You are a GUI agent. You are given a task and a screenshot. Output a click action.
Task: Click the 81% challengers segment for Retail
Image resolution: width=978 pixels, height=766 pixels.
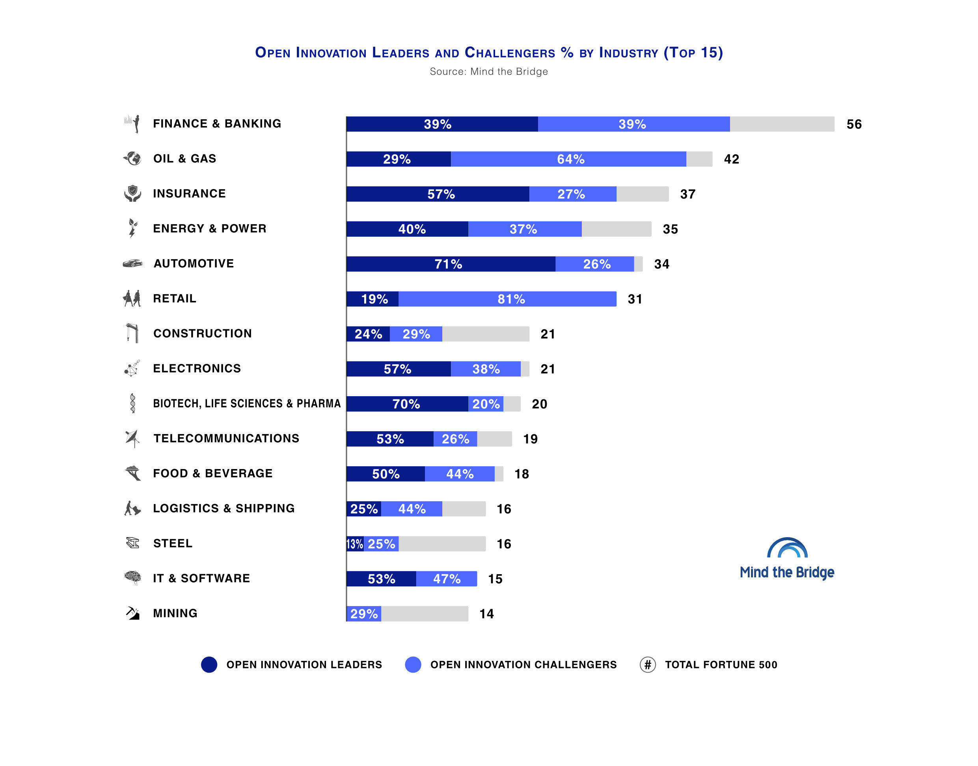point(507,299)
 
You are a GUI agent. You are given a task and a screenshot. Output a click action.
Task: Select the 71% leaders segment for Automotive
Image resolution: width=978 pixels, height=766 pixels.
point(451,264)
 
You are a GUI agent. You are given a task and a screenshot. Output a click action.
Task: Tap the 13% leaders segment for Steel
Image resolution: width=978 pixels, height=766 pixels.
point(354,543)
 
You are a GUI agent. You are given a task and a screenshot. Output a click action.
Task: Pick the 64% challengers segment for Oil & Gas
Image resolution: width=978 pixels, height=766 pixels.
point(568,159)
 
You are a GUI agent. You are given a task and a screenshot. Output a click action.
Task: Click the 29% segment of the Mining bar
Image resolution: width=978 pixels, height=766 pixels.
point(363,614)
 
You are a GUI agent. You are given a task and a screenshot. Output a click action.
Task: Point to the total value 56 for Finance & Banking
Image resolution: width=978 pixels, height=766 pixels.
point(854,124)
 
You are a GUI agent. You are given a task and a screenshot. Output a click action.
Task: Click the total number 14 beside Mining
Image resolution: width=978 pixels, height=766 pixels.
point(486,614)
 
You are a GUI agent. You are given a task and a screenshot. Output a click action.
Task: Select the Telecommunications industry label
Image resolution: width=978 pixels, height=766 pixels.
point(226,438)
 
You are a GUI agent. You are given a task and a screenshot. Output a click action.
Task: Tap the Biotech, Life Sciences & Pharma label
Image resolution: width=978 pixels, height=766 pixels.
point(247,403)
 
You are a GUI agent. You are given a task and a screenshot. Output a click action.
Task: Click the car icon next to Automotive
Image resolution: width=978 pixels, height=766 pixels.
point(132,263)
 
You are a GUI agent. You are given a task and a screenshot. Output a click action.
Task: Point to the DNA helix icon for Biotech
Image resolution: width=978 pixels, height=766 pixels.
point(132,403)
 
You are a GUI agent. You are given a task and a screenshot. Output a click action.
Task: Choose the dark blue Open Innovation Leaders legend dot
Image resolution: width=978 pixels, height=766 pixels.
point(209,664)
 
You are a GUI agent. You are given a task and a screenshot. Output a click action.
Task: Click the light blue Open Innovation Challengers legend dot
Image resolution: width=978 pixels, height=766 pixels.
point(413,664)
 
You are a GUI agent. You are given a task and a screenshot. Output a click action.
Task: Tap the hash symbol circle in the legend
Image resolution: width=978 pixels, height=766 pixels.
point(647,664)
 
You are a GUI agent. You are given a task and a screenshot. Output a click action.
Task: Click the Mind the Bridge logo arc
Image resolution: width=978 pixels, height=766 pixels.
point(787,547)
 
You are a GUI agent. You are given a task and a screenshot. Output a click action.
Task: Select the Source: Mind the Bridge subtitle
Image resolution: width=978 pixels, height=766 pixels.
point(489,71)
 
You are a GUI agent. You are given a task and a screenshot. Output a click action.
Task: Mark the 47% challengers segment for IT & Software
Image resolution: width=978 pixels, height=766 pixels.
point(446,579)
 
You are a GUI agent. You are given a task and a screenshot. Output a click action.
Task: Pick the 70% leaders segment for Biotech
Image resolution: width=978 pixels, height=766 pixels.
point(407,404)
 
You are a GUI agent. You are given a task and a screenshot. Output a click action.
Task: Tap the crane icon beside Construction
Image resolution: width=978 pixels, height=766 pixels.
point(132,333)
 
